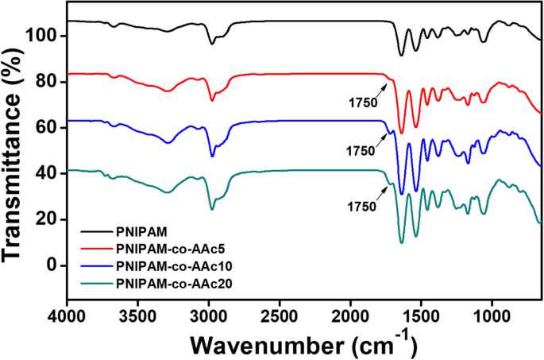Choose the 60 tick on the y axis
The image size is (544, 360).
48,128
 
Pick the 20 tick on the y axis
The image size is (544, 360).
48,219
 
